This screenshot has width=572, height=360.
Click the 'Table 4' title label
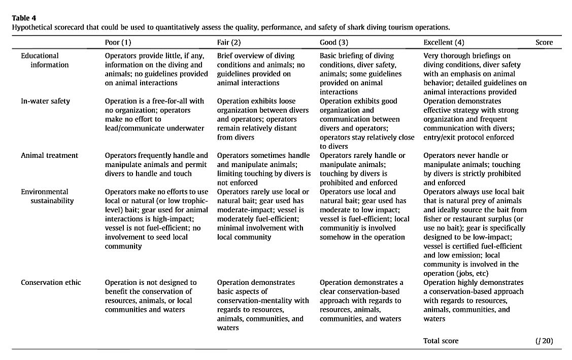tap(24, 18)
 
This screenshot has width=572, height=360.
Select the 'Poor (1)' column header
tap(120, 43)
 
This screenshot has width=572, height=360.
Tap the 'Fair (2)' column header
tap(229, 43)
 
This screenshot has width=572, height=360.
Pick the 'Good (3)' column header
tap(334, 43)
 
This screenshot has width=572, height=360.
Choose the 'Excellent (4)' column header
tap(444, 43)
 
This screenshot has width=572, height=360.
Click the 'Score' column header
tap(544, 43)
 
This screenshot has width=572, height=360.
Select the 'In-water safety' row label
tap(45, 101)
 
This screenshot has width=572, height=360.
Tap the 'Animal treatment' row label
tap(49, 155)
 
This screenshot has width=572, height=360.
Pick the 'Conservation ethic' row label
tap(51, 282)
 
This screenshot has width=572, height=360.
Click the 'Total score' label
tap(441, 341)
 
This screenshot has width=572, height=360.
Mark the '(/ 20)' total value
tap(544, 341)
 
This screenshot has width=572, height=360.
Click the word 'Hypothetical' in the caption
tap(32, 27)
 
